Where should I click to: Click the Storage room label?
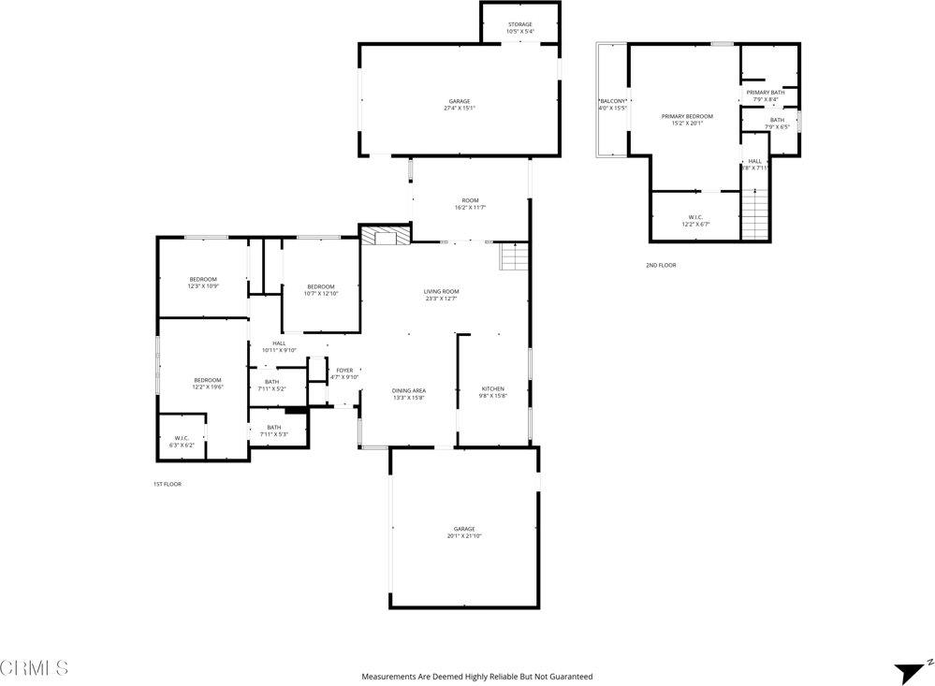click(x=519, y=28)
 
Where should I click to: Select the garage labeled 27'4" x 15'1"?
click(x=459, y=104)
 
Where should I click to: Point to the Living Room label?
click(x=441, y=295)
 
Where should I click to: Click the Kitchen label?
click(x=492, y=392)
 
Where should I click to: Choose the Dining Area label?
click(x=408, y=393)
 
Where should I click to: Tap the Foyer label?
click(x=344, y=373)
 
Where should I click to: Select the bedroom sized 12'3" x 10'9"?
click(x=203, y=283)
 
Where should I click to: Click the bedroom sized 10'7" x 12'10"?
click(x=320, y=289)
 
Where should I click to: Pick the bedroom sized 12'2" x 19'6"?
click(x=207, y=383)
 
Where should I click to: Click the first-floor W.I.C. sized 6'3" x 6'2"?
click(x=182, y=442)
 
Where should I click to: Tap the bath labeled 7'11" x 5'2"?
click(x=271, y=385)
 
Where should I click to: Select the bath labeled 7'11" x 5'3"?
click(x=273, y=431)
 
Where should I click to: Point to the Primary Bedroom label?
click(x=686, y=119)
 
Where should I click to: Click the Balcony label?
click(x=612, y=104)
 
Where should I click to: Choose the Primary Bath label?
click(x=765, y=95)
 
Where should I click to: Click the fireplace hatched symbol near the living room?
click(x=386, y=235)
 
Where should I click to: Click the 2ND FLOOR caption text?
click(x=660, y=265)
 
